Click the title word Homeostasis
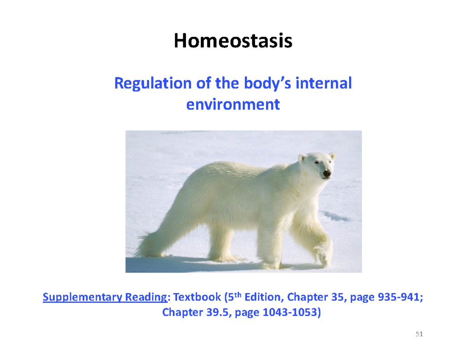pyautogui.click(x=233, y=41)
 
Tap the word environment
pyautogui.click(x=233, y=104)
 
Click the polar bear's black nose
pyautogui.click(x=327, y=173)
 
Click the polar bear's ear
pyautogui.click(x=302, y=157)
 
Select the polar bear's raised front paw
pyautogui.click(x=323, y=255)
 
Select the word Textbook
pyautogui.click(x=197, y=298)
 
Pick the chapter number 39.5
pyautogui.click(x=214, y=312)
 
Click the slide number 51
pyautogui.click(x=419, y=334)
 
